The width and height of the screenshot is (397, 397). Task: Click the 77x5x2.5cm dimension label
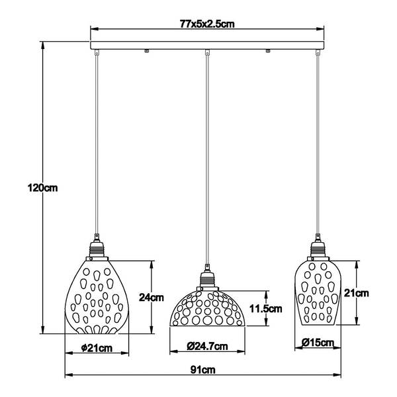tap(208, 24)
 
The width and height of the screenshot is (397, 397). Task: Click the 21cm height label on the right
tap(357, 292)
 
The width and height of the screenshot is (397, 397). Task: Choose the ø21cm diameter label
tap(96, 348)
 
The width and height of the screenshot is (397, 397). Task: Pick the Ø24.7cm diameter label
tap(207, 346)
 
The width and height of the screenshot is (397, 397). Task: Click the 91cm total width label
tap(207, 371)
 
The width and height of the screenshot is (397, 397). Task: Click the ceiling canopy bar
tap(208, 47)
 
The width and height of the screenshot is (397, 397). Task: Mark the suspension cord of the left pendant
tap(96, 146)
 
